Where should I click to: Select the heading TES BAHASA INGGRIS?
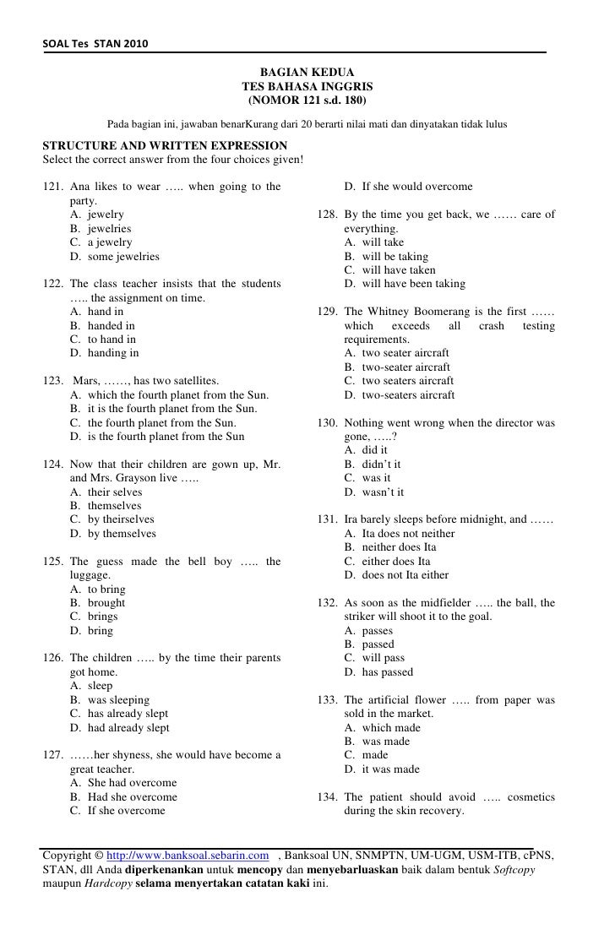coord(307,87)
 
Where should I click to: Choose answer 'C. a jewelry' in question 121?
coord(101,242)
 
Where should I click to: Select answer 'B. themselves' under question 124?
coord(106,506)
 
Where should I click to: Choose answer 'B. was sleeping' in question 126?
coord(110,699)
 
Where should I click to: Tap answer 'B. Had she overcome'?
coord(123,796)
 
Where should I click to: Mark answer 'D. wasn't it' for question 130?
coord(374,492)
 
